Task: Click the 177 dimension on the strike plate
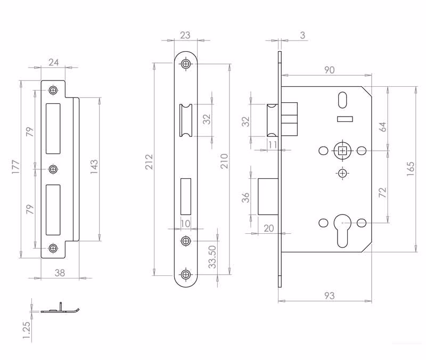click(16, 167)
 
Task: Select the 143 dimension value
click(94, 167)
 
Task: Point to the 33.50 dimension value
click(212, 257)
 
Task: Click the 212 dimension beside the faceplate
click(149, 162)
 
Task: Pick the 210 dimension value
click(224, 161)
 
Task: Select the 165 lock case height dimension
click(411, 169)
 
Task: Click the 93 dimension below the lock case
click(329, 296)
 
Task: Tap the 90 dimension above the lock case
click(329, 70)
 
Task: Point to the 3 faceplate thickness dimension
click(302, 35)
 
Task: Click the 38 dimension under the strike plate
click(60, 273)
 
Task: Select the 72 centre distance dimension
click(382, 192)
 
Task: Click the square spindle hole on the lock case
click(342, 150)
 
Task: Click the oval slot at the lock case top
click(342, 100)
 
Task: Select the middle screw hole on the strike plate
click(53, 169)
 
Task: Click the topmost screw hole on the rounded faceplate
click(186, 64)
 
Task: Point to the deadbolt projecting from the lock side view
click(268, 197)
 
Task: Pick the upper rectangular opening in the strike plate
click(53, 128)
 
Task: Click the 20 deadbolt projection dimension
click(269, 228)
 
